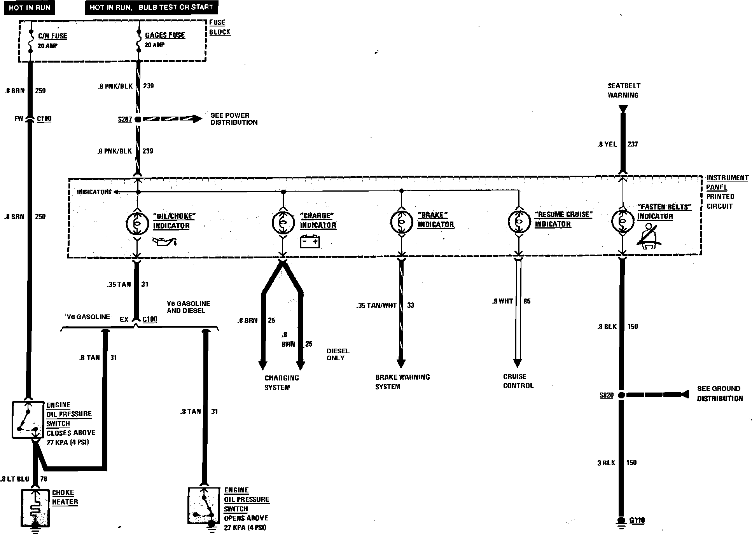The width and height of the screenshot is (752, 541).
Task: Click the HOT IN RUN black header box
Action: coord(30,7)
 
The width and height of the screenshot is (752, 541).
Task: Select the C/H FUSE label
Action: coord(52,36)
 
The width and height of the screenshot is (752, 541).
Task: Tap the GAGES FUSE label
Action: coord(165,35)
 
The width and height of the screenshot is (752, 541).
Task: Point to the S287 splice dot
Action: coord(138,119)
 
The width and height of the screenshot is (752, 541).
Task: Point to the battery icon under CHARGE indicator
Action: coord(310,242)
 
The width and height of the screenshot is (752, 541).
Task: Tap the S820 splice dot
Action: coord(622,395)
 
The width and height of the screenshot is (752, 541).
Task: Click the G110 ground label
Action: coord(637,520)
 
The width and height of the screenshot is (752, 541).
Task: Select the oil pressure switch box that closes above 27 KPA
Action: coord(28,420)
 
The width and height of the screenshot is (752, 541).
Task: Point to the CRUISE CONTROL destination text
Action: coord(518,381)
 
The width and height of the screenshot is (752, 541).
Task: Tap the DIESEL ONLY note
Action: coord(338,354)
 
